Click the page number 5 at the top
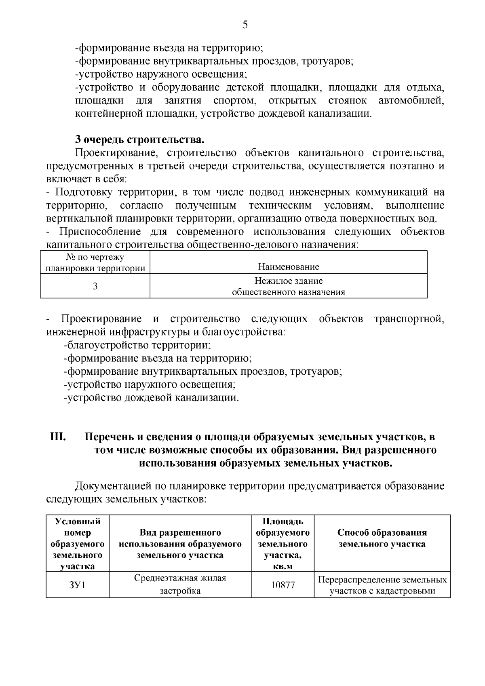245,25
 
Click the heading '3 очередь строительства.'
140,140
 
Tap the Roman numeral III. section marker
58,437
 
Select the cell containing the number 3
95,286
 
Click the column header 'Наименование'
289,266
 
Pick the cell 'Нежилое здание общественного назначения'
289,286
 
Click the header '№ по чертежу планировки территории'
95,262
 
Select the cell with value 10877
283,585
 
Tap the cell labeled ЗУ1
77,585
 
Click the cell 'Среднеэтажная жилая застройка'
180,585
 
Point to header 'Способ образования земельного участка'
382,538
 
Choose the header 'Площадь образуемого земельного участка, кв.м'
283,543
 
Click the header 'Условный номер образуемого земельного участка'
77,543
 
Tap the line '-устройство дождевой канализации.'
151,398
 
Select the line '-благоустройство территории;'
137,346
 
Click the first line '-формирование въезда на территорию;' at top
169,48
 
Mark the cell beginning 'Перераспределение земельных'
382,585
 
